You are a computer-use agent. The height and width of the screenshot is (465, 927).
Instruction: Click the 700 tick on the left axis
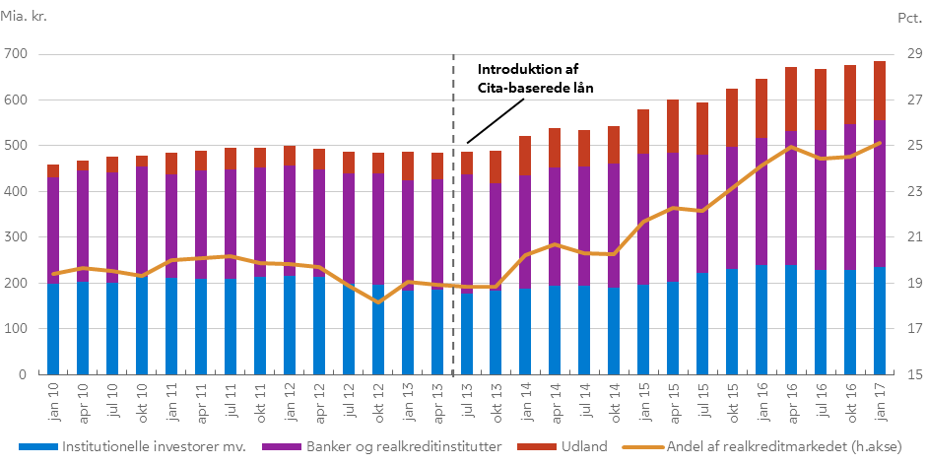click(x=17, y=53)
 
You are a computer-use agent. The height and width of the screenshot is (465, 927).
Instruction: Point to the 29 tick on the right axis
click(x=907, y=53)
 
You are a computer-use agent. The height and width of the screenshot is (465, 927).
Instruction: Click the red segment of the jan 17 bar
click(x=880, y=91)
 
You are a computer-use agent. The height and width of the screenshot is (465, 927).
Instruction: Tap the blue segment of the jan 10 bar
click(x=53, y=328)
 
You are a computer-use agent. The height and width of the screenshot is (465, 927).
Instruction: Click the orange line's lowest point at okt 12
click(x=378, y=302)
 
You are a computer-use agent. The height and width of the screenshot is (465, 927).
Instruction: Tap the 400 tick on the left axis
click(x=17, y=191)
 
